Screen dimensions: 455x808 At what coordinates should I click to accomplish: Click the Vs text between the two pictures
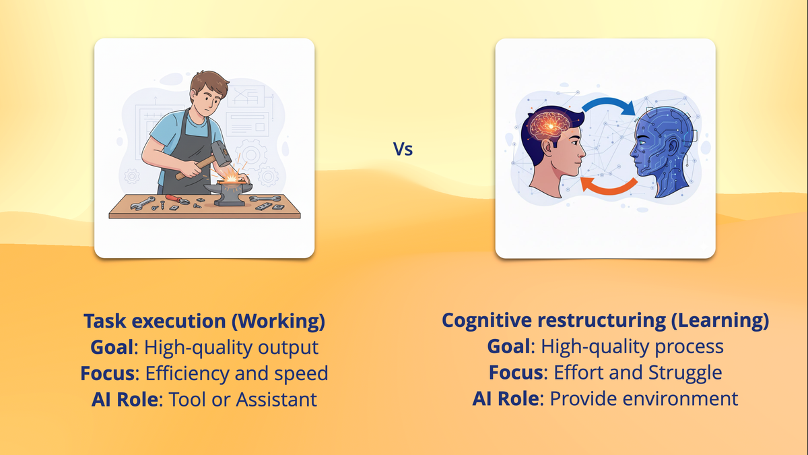tap(403, 149)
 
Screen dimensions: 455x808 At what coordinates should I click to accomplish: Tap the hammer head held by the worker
tap(220, 154)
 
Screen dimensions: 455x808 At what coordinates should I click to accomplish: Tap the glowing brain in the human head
tap(548, 124)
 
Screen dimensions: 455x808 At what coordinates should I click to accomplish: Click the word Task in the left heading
tap(100, 322)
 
